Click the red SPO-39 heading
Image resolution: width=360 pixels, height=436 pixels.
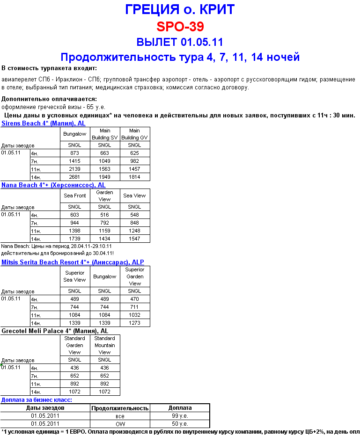click(180, 26)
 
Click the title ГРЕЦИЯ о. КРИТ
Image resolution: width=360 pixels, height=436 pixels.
click(180, 9)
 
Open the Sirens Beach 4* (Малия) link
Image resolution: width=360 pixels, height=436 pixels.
click(44, 123)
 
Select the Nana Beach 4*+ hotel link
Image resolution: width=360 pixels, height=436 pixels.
click(53, 185)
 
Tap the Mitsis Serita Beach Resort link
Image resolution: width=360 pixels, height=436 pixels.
click(73, 262)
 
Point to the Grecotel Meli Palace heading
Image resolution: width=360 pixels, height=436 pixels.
click(55, 331)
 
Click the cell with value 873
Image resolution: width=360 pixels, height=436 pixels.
click(75, 153)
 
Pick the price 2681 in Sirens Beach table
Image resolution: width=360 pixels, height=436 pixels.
click(75, 177)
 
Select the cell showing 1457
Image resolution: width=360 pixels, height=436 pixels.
click(134, 169)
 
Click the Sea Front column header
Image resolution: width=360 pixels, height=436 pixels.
click(75, 196)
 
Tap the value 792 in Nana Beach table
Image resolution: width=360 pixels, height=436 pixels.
click(104, 223)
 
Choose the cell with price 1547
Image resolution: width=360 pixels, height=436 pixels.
click(134, 239)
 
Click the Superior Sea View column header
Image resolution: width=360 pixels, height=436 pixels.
click(75, 276)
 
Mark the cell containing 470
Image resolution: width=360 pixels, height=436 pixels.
click(134, 298)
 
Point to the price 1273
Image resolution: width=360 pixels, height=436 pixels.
click(134, 323)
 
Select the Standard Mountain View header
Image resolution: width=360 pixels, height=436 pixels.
click(104, 345)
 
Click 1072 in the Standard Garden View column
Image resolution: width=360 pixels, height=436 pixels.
click(75, 392)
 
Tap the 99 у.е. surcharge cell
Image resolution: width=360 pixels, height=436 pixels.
click(180, 415)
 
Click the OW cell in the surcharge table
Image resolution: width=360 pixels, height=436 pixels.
click(120, 423)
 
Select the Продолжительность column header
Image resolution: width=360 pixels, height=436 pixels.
click(120, 408)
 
